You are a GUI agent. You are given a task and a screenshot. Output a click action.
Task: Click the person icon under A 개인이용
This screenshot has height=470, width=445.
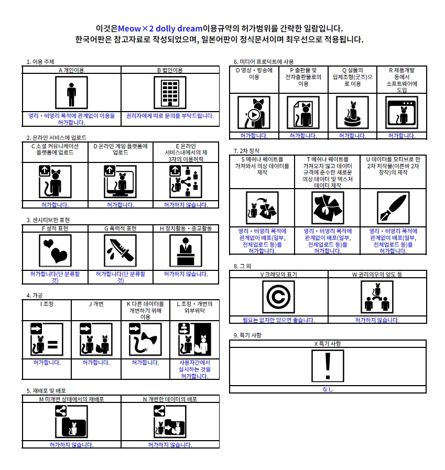(x=71, y=93)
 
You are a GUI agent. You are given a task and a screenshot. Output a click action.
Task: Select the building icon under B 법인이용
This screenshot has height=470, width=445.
(x=170, y=93)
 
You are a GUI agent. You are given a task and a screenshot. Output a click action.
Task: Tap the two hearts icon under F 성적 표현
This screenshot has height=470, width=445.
(x=55, y=250)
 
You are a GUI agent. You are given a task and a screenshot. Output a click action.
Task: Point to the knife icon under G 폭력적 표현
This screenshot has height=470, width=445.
(x=120, y=250)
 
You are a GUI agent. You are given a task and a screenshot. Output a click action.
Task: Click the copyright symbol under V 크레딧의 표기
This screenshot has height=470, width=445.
(x=278, y=297)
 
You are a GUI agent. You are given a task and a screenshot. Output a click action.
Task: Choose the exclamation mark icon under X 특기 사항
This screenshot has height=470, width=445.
(x=328, y=366)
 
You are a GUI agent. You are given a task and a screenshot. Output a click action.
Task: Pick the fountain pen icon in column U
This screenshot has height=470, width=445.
(x=393, y=207)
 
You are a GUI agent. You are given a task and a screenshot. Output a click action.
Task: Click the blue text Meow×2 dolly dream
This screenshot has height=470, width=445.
(x=160, y=28)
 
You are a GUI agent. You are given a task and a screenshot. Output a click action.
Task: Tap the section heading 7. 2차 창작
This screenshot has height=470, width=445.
(x=246, y=151)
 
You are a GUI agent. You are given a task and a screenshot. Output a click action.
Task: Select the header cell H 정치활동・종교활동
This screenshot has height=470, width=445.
(x=186, y=228)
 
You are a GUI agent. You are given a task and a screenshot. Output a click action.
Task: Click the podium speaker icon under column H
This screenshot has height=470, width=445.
(x=186, y=250)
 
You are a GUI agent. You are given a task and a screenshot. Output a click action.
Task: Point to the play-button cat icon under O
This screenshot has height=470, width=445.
(x=254, y=113)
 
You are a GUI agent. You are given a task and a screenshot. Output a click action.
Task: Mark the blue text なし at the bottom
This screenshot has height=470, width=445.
(x=328, y=389)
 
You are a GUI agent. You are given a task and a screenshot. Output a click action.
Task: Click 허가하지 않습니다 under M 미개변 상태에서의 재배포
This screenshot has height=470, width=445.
(x=71, y=445)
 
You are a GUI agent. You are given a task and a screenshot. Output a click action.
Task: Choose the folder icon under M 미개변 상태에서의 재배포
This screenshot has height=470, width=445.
(x=71, y=421)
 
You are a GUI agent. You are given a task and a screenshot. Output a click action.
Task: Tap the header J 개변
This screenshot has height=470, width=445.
(x=96, y=304)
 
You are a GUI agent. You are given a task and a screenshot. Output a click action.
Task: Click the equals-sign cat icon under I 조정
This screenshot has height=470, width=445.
(x=47, y=340)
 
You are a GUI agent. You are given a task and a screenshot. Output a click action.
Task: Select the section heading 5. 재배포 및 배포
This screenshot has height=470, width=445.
(x=46, y=391)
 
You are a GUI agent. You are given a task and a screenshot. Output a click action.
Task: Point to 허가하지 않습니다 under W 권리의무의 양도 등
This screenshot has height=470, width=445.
(x=377, y=320)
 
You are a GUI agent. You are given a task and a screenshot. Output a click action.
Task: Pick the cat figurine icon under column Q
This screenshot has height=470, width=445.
(x=352, y=113)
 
